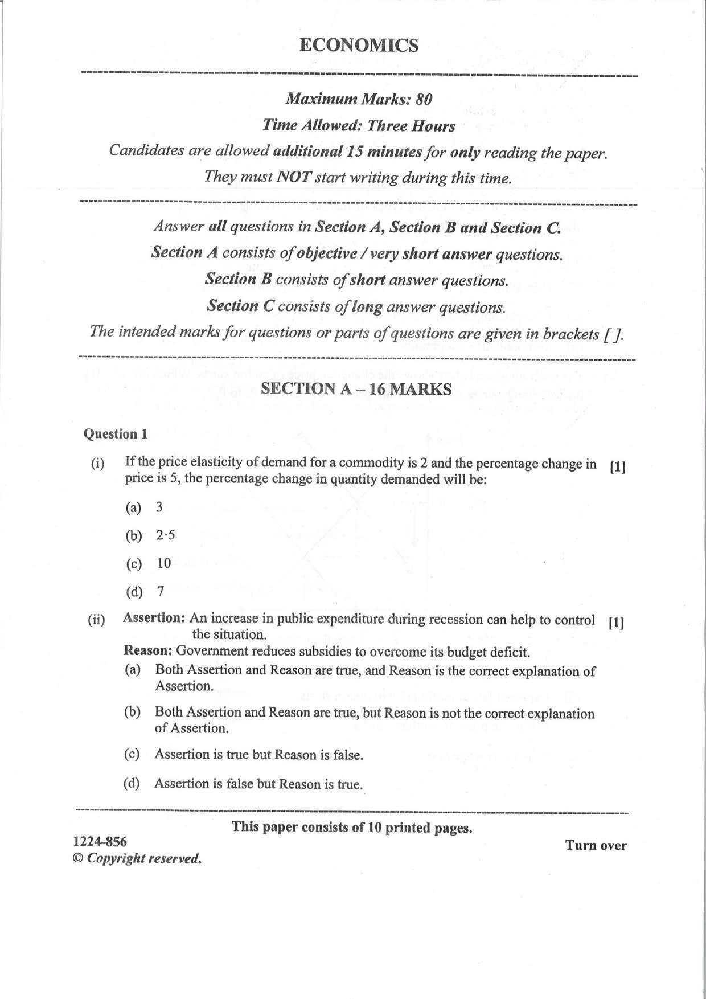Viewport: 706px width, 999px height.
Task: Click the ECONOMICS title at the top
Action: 359,46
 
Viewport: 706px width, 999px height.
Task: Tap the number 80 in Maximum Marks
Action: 424,99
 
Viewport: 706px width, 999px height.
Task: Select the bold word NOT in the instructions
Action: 293,177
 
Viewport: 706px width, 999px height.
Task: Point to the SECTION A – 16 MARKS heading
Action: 356,389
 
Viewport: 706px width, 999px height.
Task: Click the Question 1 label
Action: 116,434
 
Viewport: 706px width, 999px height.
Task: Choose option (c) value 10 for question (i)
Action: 164,563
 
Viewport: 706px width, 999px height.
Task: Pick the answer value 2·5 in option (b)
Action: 166,535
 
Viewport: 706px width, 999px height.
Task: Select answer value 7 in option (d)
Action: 161,592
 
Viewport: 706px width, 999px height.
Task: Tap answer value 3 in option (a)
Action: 159,507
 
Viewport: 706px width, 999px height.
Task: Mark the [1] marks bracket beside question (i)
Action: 617,468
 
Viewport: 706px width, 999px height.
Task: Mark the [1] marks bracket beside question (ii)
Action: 616,623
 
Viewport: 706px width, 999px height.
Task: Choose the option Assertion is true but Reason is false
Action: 258,755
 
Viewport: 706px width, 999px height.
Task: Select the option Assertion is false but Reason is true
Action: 258,784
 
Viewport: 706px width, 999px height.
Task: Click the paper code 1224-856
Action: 100,842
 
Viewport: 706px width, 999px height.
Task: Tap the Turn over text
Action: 596,846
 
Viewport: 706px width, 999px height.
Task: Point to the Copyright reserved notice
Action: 138,858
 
